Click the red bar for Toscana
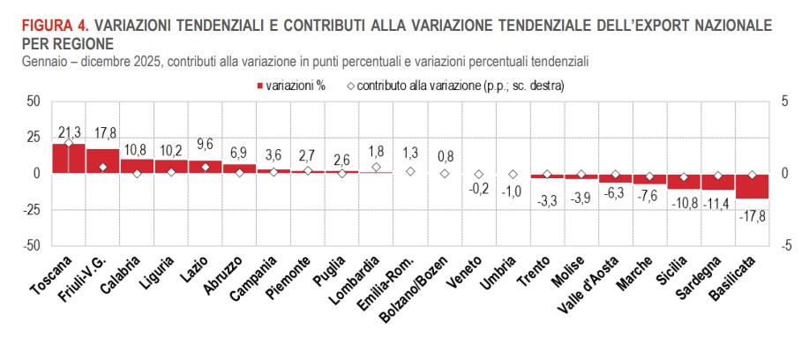[x=69, y=158]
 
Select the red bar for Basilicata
[x=753, y=185]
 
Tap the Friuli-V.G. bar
[x=103, y=161]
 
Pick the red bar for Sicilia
[x=684, y=181]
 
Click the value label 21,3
[x=69, y=132]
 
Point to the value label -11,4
[x=717, y=203]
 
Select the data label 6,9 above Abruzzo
[x=240, y=154]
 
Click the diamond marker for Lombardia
[x=377, y=167]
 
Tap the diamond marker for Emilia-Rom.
[x=411, y=171]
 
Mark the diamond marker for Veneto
[x=479, y=175]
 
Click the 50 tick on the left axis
[x=33, y=101]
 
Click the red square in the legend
[x=260, y=86]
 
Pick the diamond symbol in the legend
[x=350, y=86]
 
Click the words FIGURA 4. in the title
[x=53, y=26]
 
